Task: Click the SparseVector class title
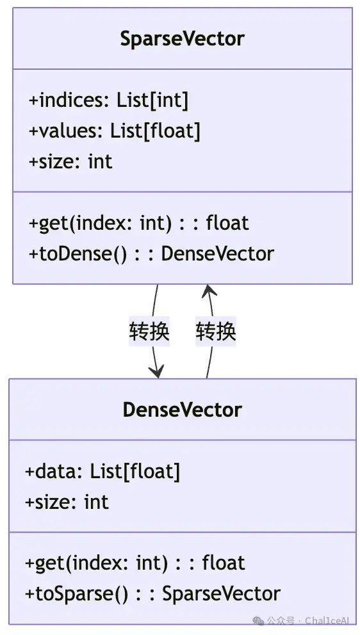coord(183,39)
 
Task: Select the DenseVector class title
coord(183,410)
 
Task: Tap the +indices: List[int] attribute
coord(109,100)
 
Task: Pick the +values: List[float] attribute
coord(114,131)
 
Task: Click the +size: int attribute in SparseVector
coord(70,161)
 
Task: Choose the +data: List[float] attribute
coord(102,471)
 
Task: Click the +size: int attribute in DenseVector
coord(67,502)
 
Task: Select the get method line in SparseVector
coord(138,223)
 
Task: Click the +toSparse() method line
coord(152,593)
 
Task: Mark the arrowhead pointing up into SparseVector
coord(209,290)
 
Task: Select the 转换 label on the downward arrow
coord(149,332)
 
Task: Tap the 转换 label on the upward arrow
coord(216,332)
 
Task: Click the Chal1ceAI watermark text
coord(327,621)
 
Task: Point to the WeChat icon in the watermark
coord(258,621)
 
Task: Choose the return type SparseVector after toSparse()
coord(222,593)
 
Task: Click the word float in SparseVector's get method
coord(227,223)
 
